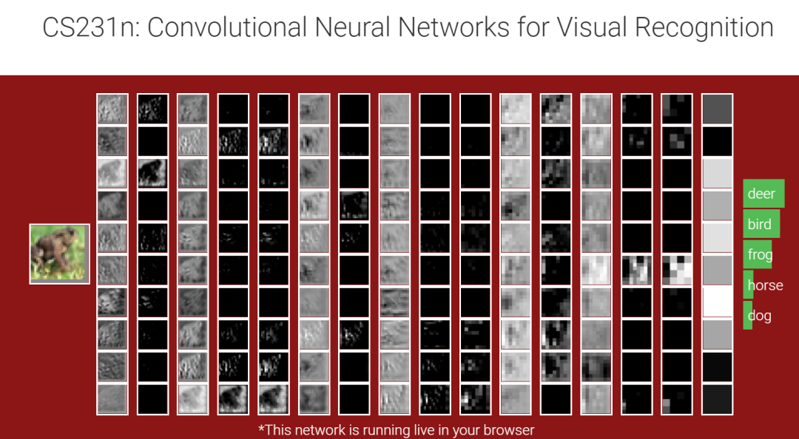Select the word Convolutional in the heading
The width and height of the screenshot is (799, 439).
click(x=226, y=28)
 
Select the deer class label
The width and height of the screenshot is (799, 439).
click(x=761, y=194)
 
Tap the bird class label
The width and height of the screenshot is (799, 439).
click(x=759, y=224)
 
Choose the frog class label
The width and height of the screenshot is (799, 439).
click(x=760, y=255)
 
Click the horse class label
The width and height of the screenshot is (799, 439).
click(x=765, y=285)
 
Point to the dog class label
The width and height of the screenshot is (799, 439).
click(x=759, y=316)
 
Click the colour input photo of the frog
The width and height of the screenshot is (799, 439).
click(x=59, y=253)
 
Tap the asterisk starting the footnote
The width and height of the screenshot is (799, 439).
click(x=261, y=429)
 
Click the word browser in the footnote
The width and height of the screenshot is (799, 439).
click(x=508, y=429)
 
